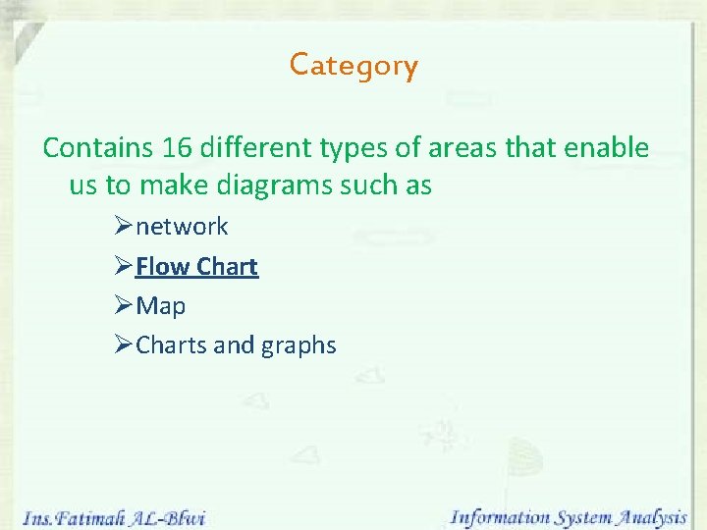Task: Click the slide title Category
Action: coord(353,66)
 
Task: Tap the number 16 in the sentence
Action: coord(176,148)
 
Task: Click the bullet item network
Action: coord(182,227)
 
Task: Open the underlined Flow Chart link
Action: coord(196,267)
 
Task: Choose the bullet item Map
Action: coord(160,306)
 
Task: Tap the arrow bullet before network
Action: coord(123,227)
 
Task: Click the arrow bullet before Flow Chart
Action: coord(123,267)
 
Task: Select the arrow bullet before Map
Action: coord(123,306)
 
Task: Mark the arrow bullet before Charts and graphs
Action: coord(123,345)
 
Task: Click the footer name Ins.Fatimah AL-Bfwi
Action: coord(113,516)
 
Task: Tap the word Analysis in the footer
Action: coord(649,516)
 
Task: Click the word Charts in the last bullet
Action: coord(171,345)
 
